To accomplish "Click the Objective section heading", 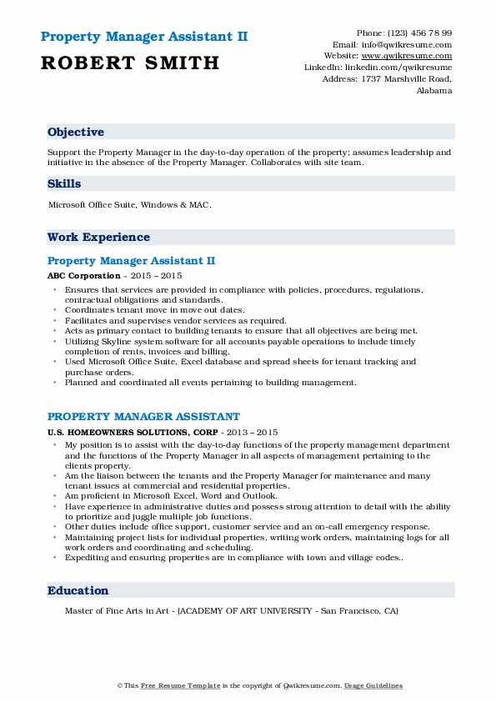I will pos(76,133).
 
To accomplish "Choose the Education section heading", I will pos(78,590).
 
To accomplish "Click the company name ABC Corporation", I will pos(84,275).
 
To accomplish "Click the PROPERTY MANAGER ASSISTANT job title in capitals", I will pos(143,416).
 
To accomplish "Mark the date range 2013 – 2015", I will pos(256,433).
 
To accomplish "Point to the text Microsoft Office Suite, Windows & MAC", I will pos(130,205).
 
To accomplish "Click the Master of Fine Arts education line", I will pos(231,610).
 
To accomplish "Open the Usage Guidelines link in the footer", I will pos(374,685).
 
